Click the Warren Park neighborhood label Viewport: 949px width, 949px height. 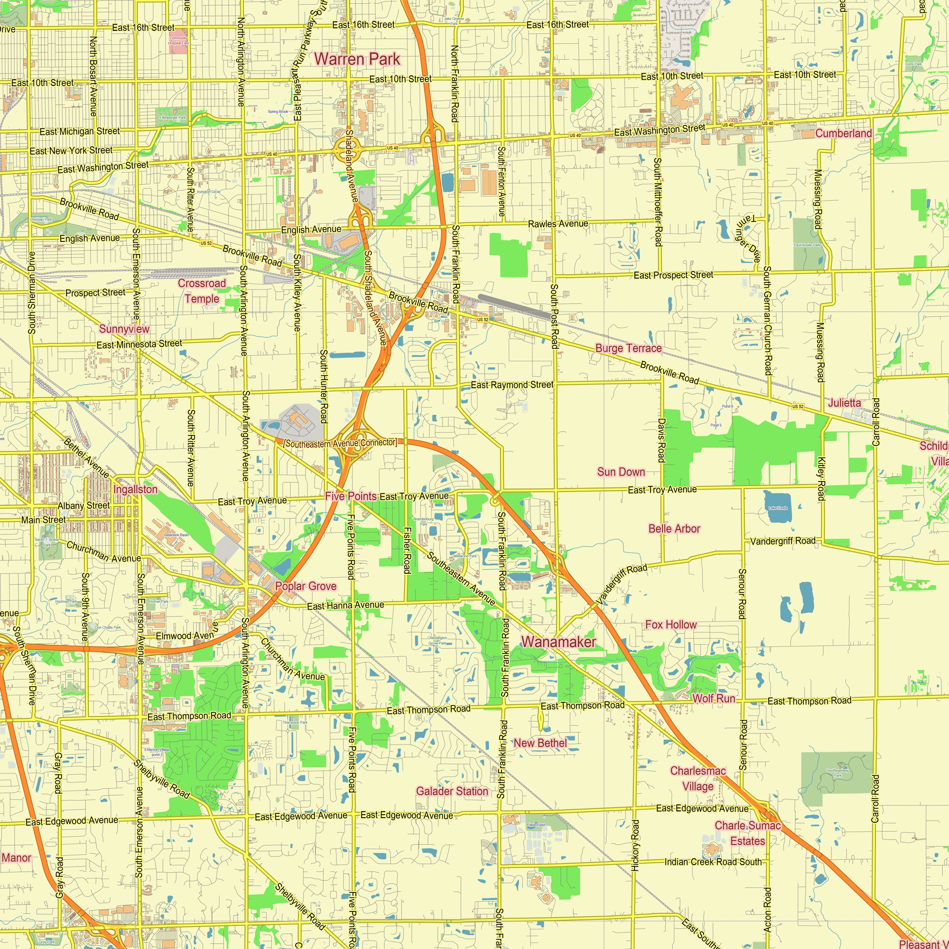coord(357,59)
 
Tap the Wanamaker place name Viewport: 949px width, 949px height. coord(558,642)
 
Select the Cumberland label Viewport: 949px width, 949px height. coord(843,133)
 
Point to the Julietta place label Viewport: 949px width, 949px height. coord(845,403)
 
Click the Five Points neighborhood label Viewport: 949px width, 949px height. coord(351,496)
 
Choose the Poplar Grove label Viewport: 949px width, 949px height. coord(306,586)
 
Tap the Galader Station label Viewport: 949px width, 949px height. coord(452,791)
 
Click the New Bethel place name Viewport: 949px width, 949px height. coord(540,743)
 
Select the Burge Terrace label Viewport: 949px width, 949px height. coord(628,348)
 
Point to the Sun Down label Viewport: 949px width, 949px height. coord(621,472)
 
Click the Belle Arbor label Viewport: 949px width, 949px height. coord(674,529)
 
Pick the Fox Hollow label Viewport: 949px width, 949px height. coord(670,624)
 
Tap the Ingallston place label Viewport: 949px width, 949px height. coord(136,489)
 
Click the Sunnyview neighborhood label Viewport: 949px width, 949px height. coord(124,329)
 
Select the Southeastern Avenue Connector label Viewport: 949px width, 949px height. coord(340,443)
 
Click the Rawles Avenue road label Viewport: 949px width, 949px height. coord(558,224)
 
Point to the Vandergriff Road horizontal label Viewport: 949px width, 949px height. coord(782,541)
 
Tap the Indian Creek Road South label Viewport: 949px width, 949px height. coord(713,862)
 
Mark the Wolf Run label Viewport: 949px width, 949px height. coord(713,698)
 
